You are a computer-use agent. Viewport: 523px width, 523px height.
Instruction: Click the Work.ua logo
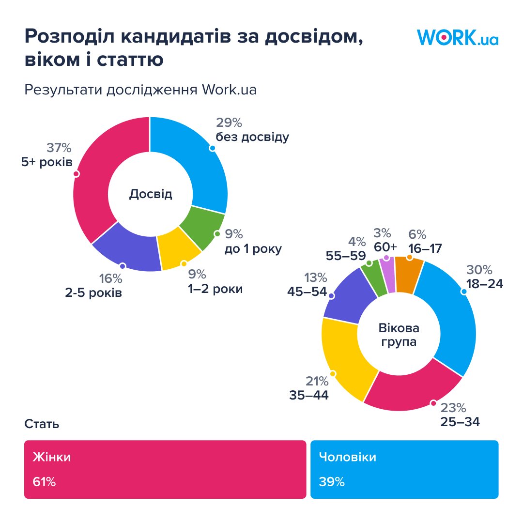click(457, 37)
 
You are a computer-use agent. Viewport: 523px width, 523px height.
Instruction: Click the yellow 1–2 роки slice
click(181, 252)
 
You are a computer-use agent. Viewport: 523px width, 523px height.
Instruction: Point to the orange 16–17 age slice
click(409, 275)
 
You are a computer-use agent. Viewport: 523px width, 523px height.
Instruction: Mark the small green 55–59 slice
click(374, 278)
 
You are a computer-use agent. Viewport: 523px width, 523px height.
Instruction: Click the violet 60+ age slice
click(388, 275)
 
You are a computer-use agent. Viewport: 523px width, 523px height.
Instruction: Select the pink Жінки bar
click(165, 469)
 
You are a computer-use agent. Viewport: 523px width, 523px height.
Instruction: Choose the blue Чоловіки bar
click(404, 469)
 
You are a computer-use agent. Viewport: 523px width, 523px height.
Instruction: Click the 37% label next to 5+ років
click(59, 148)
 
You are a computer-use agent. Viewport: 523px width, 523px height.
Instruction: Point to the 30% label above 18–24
click(479, 269)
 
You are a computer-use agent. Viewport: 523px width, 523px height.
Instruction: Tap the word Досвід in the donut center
click(151, 194)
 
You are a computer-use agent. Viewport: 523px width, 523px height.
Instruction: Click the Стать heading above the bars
click(42, 424)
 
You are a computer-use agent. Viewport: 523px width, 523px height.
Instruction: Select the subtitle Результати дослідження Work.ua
click(140, 90)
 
